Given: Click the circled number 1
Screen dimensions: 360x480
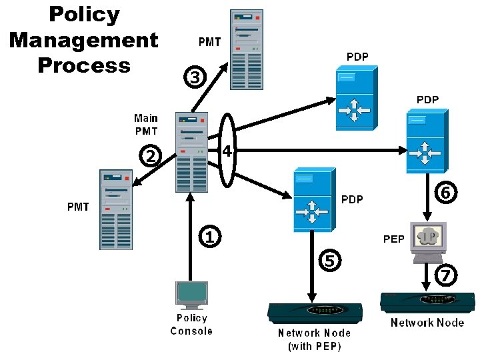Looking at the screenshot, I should click(209, 236).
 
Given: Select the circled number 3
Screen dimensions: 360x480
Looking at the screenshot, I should click(194, 77).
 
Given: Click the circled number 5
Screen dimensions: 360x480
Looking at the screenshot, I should click(329, 260).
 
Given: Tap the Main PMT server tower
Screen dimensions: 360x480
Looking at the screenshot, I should click(191, 151).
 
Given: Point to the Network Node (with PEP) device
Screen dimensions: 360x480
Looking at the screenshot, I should click(314, 313).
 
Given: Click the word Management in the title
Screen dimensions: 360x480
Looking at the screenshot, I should click(83, 40).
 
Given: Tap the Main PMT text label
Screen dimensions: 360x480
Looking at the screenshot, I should click(146, 125).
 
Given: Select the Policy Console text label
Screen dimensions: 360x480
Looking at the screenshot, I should click(191, 325).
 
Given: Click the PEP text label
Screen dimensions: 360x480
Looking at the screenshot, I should click(393, 239).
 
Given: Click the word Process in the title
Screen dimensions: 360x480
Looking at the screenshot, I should click(83, 65).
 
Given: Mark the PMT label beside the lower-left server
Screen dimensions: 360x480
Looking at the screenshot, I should click(78, 207).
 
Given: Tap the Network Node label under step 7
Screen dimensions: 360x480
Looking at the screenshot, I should click(427, 323).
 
